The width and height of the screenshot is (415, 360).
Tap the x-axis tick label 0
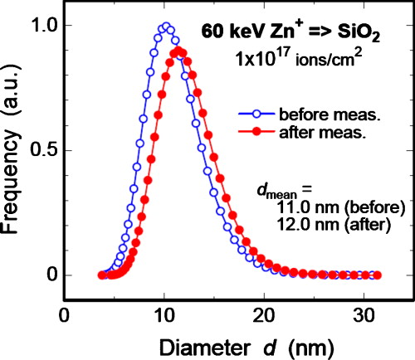(x=65, y=316)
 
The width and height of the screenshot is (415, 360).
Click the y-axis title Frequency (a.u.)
(x=14, y=150)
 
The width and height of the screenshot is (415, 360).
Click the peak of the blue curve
(x=166, y=26)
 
